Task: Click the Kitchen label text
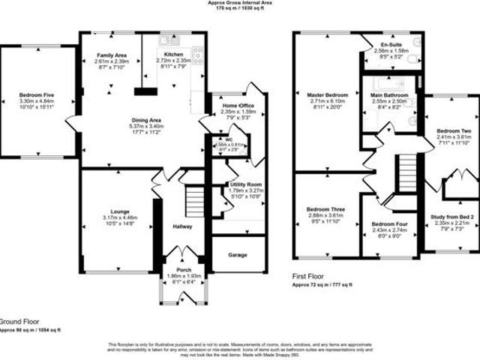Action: pyautogui.click(x=173, y=55)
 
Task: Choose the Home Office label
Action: pyautogui.click(x=239, y=106)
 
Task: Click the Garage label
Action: pyautogui.click(x=238, y=254)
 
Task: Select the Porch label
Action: pyautogui.click(x=183, y=270)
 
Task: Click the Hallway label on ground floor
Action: pyautogui.click(x=182, y=226)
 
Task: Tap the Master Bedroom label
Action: pyautogui.click(x=328, y=95)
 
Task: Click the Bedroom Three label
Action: pyautogui.click(x=325, y=209)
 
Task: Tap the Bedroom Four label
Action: pyautogui.click(x=390, y=224)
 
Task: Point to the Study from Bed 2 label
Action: pyautogui.click(x=451, y=218)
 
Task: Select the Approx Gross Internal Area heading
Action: pyautogui.click(x=239, y=3)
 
